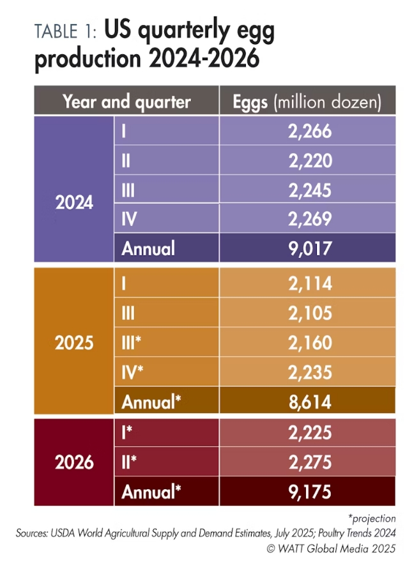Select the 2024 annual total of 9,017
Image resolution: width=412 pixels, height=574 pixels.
(x=308, y=247)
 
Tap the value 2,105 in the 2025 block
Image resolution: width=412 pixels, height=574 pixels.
(x=308, y=313)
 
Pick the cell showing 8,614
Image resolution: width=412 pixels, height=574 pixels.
(x=308, y=402)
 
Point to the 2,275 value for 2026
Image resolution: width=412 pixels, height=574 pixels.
(x=308, y=462)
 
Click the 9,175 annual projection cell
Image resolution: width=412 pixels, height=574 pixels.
(x=308, y=492)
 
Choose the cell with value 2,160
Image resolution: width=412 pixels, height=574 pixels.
(x=308, y=342)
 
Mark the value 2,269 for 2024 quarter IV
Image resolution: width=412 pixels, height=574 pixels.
(x=308, y=219)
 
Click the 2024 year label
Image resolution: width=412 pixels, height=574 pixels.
(x=74, y=203)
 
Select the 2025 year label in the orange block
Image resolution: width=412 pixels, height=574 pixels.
(x=74, y=342)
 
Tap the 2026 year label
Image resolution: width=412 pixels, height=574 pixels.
(x=74, y=462)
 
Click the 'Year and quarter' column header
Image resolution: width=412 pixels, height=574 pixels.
(x=126, y=102)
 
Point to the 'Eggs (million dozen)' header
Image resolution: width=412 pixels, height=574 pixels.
(x=307, y=102)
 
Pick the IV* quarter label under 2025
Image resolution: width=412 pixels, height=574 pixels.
(x=133, y=372)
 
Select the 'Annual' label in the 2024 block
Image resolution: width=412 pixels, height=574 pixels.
(x=148, y=247)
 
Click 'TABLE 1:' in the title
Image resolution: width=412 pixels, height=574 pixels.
(x=65, y=32)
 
